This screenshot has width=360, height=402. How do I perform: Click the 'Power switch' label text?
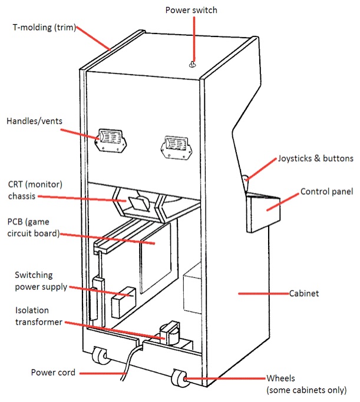(x=192, y=11)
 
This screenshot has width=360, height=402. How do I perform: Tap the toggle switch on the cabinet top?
(x=192, y=65)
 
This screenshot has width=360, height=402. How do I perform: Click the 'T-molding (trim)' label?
(x=45, y=27)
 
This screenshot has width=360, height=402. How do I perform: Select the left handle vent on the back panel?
(x=111, y=141)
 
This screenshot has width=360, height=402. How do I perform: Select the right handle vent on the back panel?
(x=176, y=144)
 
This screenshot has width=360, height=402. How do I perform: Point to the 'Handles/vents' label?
(x=34, y=121)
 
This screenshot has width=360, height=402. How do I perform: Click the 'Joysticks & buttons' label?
(x=315, y=159)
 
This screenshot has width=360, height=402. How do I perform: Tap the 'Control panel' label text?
(x=326, y=192)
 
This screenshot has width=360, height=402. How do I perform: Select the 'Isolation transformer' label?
(x=32, y=317)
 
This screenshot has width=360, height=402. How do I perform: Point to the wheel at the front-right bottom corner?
(x=179, y=379)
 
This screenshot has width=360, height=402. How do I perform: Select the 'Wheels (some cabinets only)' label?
(x=305, y=384)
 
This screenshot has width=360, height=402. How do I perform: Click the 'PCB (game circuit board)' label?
(x=33, y=227)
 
